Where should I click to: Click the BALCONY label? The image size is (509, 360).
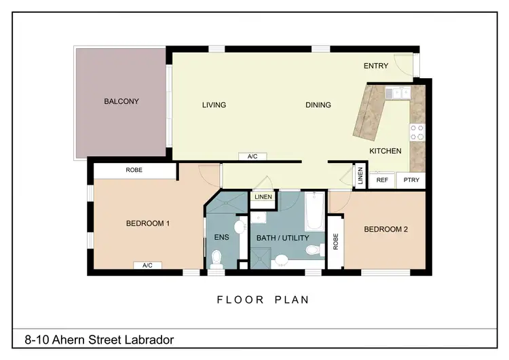tap(121, 102)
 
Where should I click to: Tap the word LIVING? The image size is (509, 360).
tap(214, 105)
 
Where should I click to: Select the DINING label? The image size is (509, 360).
tap(318, 105)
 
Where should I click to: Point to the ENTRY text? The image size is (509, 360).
tap(375, 66)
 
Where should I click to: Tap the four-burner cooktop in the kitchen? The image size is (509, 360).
tap(417, 132)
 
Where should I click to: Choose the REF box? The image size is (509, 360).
tap(382, 180)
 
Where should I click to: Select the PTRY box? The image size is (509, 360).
tap(411, 180)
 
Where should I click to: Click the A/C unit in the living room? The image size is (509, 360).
tap(252, 156)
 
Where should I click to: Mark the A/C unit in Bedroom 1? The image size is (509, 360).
tap(147, 265)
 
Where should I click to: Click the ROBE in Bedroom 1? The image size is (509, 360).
tap(134, 170)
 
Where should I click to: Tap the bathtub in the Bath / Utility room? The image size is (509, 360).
tap(315, 212)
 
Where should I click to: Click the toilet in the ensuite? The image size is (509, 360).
tap(217, 258)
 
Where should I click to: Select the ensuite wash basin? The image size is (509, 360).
tap(239, 226)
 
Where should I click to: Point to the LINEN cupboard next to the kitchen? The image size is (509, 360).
tap(360, 176)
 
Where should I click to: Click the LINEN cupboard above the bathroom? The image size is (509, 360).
tap(263, 197)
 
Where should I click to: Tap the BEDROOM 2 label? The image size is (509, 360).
tap(385, 230)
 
